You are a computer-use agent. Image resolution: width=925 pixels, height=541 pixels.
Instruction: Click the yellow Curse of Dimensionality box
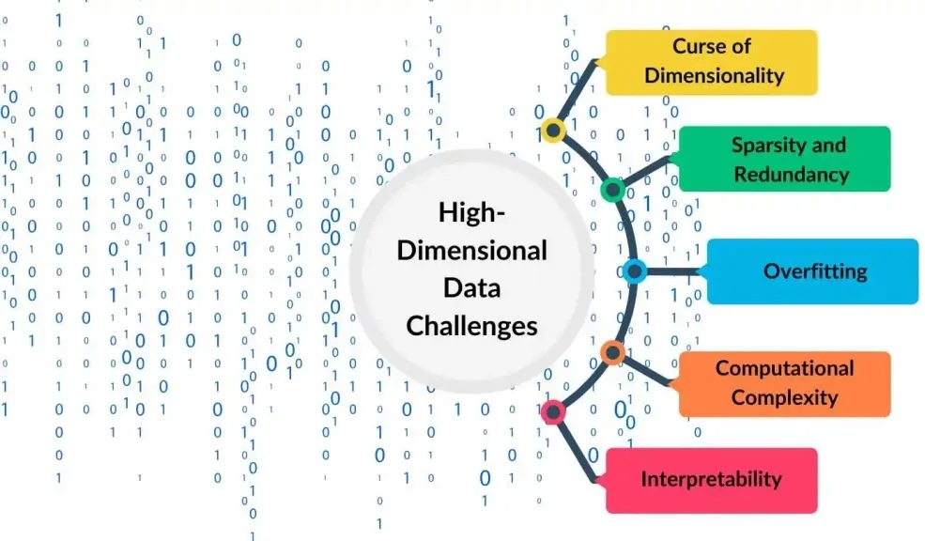pyautogui.click(x=711, y=62)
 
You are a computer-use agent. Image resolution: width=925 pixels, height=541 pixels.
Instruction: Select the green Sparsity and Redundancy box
pyautogui.click(x=783, y=159)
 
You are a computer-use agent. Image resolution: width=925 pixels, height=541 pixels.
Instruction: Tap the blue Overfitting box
pyautogui.click(x=812, y=271)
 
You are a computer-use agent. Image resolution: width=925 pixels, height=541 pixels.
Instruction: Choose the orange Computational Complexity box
pyautogui.click(x=784, y=383)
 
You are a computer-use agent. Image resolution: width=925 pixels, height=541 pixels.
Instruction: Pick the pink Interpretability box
pyautogui.click(x=711, y=480)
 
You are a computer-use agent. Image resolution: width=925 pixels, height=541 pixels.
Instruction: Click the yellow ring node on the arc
pyautogui.click(x=553, y=131)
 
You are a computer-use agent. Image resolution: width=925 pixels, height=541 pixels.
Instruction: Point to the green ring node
pyautogui.click(x=613, y=190)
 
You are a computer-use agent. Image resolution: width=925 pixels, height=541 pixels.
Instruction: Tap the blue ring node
pyautogui.click(x=635, y=272)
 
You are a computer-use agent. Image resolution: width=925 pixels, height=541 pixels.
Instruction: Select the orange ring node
pyautogui.click(x=612, y=353)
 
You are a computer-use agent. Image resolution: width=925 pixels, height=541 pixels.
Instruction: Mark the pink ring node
pyautogui.click(x=553, y=411)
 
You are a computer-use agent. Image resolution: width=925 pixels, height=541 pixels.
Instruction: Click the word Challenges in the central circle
pyautogui.click(x=472, y=325)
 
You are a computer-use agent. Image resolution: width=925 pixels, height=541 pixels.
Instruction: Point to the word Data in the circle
pyautogui.click(x=472, y=287)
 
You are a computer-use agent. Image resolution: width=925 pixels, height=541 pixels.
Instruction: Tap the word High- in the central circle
pyautogui.click(x=472, y=213)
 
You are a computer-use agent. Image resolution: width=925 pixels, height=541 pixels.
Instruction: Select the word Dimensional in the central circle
pyautogui.click(x=472, y=251)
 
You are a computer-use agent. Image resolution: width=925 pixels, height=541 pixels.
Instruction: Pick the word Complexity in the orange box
pyautogui.click(x=784, y=397)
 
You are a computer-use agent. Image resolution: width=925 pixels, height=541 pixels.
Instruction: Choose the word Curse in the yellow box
pyautogui.click(x=699, y=47)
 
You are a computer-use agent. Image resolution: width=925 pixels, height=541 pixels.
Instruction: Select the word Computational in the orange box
pyautogui.click(x=784, y=368)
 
